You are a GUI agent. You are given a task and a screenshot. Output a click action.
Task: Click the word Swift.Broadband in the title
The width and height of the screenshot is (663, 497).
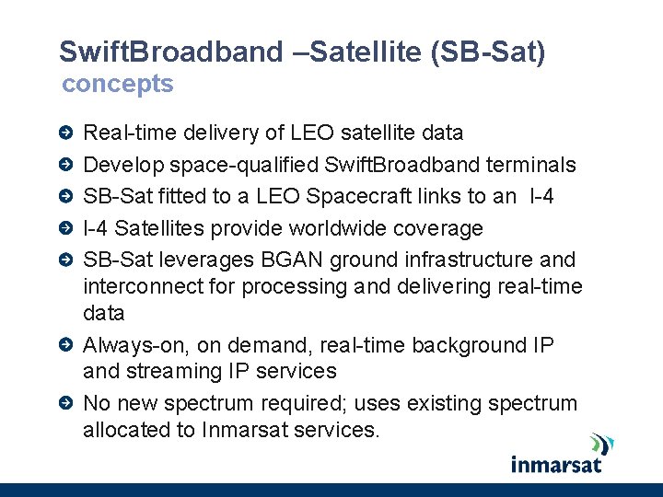click(x=172, y=52)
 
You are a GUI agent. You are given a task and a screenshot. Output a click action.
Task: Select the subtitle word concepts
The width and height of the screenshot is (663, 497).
click(x=117, y=84)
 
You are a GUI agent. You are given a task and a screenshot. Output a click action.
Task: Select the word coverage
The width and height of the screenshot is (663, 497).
click(x=437, y=228)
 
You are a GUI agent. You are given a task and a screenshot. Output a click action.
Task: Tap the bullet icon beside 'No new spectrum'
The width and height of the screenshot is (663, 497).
click(x=65, y=404)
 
